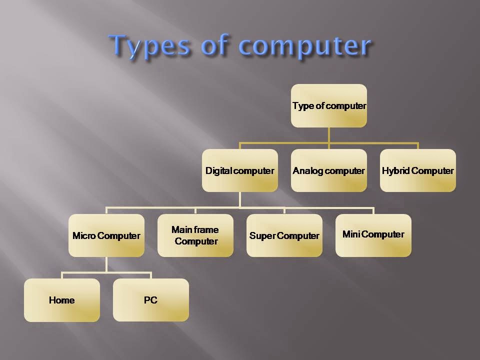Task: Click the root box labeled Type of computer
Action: [x=329, y=106]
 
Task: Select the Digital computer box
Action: [x=240, y=170]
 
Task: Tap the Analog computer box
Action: [x=329, y=170]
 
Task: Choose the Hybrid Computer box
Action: [x=418, y=170]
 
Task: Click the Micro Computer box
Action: [x=106, y=235]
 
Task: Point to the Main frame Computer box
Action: [x=195, y=235]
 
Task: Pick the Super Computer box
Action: [x=284, y=235]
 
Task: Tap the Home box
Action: [x=62, y=300]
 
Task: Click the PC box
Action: [x=150, y=300]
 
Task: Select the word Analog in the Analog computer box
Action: [x=305, y=170]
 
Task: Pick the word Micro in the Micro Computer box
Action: [x=84, y=236]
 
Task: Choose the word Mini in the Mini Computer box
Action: [x=351, y=234]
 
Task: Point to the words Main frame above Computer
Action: [x=195, y=229]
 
